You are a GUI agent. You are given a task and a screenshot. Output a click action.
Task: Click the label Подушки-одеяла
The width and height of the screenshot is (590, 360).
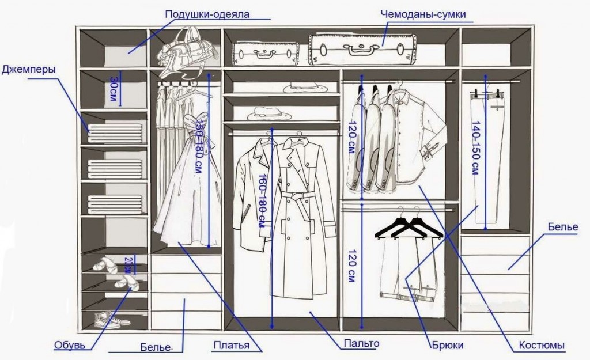pos(207,14)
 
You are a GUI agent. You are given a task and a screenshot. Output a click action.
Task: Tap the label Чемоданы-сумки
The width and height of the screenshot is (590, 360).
pos(422,14)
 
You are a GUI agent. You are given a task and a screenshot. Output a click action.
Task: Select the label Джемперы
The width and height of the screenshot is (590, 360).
pos(29,70)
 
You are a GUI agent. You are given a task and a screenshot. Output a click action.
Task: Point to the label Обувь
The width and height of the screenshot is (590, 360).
pos(70,345)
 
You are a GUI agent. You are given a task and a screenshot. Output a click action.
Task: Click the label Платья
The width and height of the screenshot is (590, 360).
pos(231,345)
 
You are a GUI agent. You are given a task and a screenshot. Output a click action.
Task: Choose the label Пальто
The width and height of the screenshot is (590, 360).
pos(361,344)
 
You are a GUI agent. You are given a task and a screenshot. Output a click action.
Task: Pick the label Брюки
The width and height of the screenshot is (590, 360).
pos(447,346)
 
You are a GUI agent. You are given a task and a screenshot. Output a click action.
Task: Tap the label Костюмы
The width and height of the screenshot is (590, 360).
pos(542,346)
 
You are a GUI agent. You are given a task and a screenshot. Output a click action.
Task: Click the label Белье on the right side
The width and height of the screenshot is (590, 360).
pos(563,227)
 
